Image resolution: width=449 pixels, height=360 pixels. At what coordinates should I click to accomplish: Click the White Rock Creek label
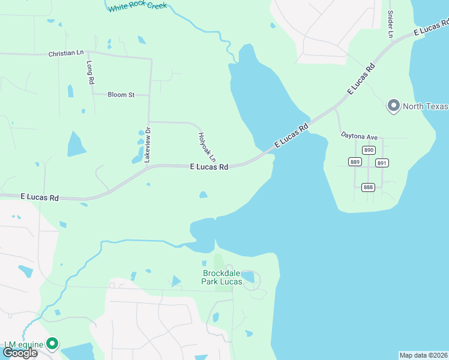[137, 7]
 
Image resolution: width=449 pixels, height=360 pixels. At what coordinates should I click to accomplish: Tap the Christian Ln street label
[66, 54]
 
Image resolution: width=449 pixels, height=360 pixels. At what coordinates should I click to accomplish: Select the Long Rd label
[91, 72]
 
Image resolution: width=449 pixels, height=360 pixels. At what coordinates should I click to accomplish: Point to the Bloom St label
[121, 95]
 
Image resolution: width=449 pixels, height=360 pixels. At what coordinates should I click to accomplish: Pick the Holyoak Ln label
[206, 146]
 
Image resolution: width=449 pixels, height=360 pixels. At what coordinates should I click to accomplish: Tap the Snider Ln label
[390, 23]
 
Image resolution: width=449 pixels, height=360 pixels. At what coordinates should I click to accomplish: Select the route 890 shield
[369, 150]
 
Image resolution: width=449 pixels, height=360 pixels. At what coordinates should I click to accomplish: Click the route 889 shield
[354, 161]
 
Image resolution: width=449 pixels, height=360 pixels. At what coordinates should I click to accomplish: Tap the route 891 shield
[382, 163]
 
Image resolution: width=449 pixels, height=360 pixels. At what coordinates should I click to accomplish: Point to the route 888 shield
[369, 187]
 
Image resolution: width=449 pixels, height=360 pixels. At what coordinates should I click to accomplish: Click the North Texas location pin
[394, 106]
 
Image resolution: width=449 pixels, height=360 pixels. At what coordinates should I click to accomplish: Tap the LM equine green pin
[53, 343]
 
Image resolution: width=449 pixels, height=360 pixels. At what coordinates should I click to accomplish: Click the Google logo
[20, 353]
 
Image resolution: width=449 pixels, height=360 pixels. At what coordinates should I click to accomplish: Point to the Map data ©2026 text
[423, 355]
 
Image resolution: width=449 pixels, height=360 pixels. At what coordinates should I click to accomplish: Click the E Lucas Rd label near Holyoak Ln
[209, 167]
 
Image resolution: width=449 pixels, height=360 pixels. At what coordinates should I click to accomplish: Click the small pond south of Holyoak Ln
[203, 194]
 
